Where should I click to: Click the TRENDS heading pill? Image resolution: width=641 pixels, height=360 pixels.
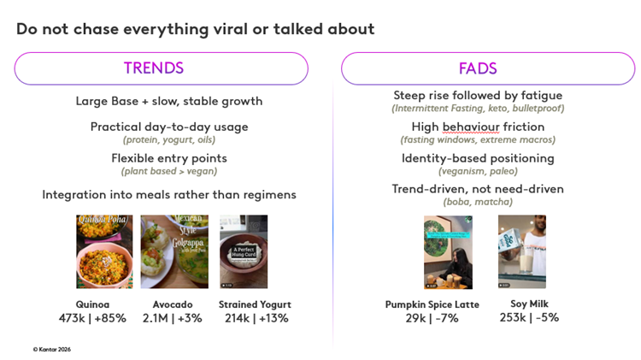pos(161,68)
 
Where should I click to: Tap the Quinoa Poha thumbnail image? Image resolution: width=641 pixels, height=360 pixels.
pos(104,251)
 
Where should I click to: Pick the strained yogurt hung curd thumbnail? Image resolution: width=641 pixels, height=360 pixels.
pos(244,251)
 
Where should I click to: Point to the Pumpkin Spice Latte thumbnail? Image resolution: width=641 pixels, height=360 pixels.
pos(448,252)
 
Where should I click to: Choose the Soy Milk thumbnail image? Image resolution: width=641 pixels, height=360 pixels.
pos(521,252)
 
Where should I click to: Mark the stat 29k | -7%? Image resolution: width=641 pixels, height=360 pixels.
pos(432,318)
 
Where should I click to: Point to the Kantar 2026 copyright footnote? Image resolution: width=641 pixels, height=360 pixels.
pos(52,349)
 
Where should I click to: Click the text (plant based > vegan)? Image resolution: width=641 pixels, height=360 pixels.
pos(168,171)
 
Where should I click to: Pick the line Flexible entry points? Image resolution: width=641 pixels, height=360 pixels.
pos(168,158)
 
